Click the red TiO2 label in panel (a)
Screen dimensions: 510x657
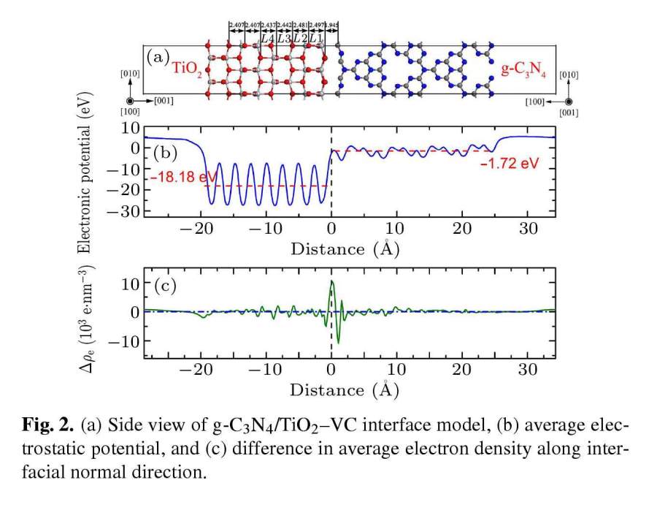pos(188,69)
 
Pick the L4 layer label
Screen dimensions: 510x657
pos(268,38)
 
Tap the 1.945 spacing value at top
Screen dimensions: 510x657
pos(330,25)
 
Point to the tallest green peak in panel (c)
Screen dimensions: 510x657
pos(332,282)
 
